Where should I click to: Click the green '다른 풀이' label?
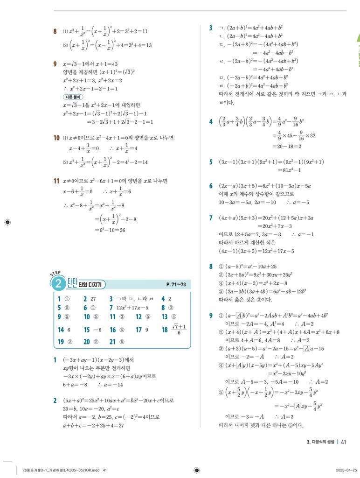[x=73, y=97]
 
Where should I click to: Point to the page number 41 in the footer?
[x=344, y=442]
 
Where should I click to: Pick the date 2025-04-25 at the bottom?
[x=346, y=470]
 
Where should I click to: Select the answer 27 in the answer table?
[x=92, y=299]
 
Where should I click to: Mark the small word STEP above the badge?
[x=55, y=273]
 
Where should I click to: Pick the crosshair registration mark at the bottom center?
[x=196, y=470]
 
